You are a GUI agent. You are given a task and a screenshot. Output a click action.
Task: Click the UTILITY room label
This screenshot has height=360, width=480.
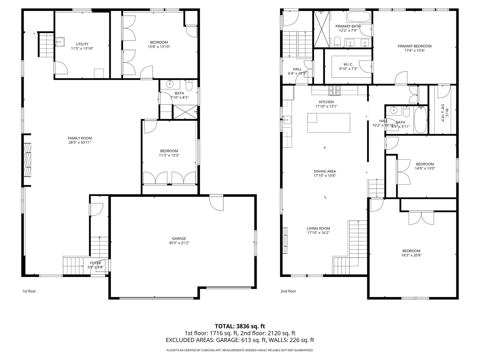coord(82,44)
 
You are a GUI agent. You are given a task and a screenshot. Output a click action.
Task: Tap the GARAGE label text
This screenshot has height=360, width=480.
coord(179,238)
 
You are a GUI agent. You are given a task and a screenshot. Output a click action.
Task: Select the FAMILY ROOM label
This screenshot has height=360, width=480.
coord(80,138)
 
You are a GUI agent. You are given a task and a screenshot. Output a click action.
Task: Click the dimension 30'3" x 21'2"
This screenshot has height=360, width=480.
coord(179,243)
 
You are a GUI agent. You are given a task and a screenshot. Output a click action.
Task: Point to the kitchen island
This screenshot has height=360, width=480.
coord(329,123)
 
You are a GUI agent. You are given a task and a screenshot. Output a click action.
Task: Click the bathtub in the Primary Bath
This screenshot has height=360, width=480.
coord(358,17)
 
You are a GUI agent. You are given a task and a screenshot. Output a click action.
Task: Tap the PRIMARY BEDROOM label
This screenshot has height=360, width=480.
coord(414,46)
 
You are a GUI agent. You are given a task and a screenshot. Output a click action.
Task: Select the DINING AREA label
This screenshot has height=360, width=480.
coord(324,171)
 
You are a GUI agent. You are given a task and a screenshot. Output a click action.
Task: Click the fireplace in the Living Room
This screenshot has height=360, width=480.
coord(285,241)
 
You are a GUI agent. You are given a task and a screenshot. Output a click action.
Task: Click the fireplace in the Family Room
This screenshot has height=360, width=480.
coord(27,160)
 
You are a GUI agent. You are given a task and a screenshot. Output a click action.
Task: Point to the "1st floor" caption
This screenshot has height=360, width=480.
coord(29,291)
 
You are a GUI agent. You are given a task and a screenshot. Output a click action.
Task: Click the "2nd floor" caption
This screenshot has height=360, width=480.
coord(288,291)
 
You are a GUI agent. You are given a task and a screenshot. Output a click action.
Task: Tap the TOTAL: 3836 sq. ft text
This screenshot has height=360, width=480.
coord(240,326)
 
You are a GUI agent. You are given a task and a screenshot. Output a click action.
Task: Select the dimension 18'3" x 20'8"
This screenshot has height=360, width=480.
coord(411,255)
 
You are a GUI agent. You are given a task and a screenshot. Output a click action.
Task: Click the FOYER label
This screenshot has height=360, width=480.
coord(95,263)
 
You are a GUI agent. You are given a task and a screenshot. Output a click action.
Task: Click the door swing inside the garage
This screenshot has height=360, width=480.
coord(216,203)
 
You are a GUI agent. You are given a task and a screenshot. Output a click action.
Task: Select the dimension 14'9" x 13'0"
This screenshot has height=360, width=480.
coord(425,168)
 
